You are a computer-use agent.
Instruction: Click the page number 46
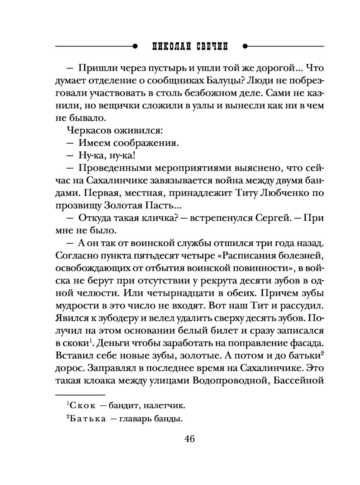[189, 439]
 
